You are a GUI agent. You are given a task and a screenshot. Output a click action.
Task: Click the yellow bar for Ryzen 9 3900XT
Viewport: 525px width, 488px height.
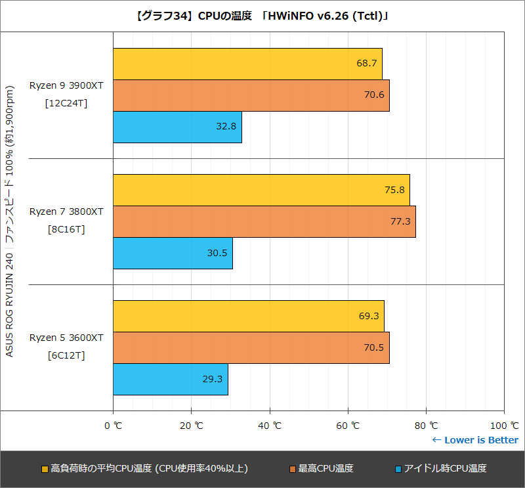click(x=247, y=64)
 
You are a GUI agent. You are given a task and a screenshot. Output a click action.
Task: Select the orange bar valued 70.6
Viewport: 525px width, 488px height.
click(x=251, y=95)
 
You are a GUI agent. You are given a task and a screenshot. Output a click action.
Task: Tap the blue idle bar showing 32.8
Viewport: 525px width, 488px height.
click(x=177, y=127)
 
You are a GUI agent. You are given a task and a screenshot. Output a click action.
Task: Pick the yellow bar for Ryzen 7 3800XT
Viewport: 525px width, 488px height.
click(x=261, y=190)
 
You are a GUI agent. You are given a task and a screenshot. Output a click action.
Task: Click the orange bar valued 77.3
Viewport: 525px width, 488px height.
click(x=264, y=221)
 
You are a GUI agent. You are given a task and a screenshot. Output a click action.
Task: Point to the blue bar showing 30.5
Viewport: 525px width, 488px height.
click(x=173, y=253)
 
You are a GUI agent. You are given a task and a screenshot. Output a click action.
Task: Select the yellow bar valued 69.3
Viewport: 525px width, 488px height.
click(x=249, y=316)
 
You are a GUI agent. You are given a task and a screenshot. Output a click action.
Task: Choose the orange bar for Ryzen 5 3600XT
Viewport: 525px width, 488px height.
click(x=251, y=347)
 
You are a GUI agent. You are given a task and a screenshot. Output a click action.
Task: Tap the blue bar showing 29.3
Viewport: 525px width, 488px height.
click(x=171, y=379)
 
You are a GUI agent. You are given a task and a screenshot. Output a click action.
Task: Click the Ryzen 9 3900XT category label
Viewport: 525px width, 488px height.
click(x=66, y=86)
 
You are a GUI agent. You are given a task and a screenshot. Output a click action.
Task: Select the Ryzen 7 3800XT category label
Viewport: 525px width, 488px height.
click(x=66, y=211)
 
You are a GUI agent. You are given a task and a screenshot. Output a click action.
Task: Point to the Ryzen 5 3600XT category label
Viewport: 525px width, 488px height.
click(x=66, y=338)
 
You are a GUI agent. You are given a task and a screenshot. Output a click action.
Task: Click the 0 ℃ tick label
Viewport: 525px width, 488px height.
click(x=113, y=425)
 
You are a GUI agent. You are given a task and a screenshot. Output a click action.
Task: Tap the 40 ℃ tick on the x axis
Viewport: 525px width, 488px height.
click(x=269, y=425)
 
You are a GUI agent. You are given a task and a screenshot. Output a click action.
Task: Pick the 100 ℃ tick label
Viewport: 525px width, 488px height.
click(x=503, y=425)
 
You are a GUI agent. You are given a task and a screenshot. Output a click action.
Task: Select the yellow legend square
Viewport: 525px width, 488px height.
click(x=45, y=469)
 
